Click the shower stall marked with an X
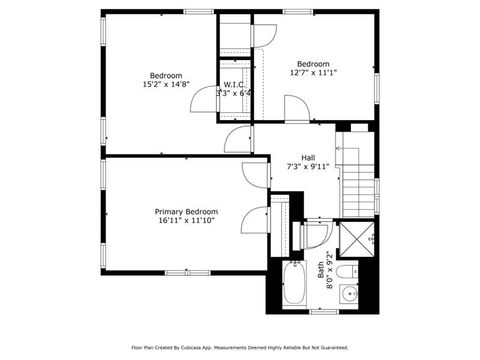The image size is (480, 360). pyautogui.click(x=355, y=240)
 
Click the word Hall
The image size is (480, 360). pyautogui.click(x=308, y=157)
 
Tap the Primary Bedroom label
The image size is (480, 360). pyautogui.click(x=186, y=212)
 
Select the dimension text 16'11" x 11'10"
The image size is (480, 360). pyautogui.click(x=186, y=222)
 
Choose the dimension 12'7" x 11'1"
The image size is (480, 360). pyautogui.click(x=312, y=73)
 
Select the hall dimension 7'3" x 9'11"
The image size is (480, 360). pyautogui.click(x=308, y=167)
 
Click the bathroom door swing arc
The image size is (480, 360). pyautogui.click(x=315, y=237)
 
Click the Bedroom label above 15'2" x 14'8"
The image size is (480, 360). pyautogui.click(x=166, y=76)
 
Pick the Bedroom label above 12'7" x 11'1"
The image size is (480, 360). pyautogui.click(x=312, y=62)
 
